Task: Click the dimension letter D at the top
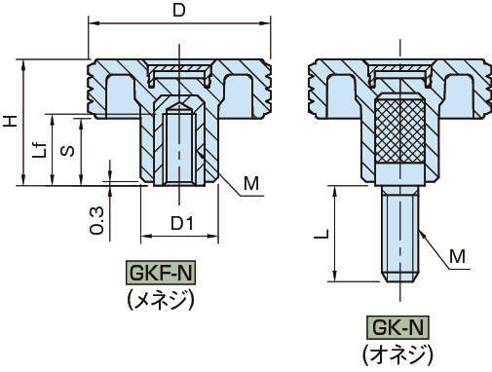point(179,10)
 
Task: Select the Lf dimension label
point(40,150)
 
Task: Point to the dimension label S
point(68,151)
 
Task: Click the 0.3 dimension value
point(96,220)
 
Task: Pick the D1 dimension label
point(182,223)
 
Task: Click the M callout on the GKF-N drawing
point(251,183)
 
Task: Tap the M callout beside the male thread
point(458,256)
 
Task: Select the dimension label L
point(322,234)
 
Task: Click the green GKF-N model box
point(161,273)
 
